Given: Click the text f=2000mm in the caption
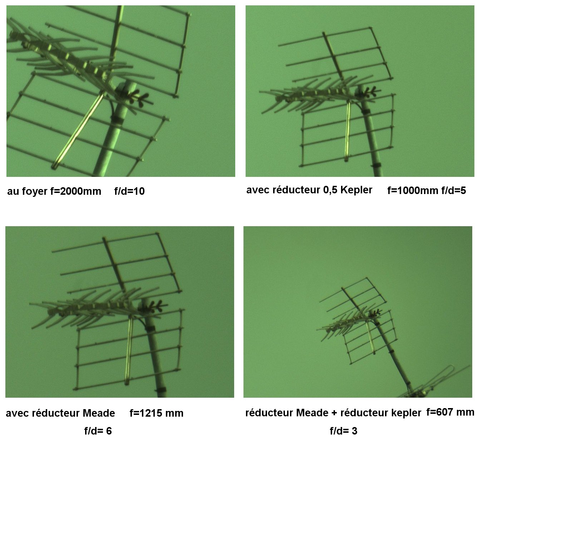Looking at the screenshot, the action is tap(75, 191).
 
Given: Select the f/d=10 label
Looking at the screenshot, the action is tap(129, 191).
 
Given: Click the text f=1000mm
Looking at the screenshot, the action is tap(413, 191).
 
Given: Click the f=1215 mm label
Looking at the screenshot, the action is tap(157, 413).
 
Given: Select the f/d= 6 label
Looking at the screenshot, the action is tap(98, 431).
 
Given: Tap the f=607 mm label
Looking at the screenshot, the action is tap(450, 412).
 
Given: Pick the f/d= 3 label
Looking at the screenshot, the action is tap(344, 431).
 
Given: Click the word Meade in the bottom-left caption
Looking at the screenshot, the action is tap(99, 413).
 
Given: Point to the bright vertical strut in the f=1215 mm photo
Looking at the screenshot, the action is tap(129, 350).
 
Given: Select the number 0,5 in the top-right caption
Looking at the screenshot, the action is tap(330, 190).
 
